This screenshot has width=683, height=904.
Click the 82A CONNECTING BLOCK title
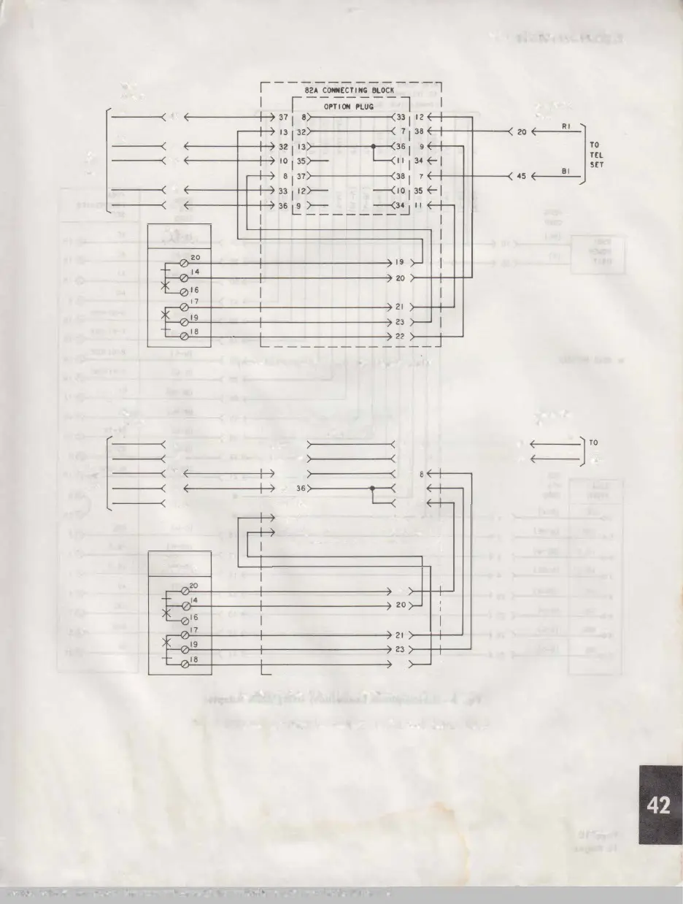(x=350, y=91)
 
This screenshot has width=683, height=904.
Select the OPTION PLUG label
(x=350, y=107)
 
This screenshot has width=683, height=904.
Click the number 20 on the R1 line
(x=521, y=132)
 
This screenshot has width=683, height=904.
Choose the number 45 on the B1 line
(x=521, y=176)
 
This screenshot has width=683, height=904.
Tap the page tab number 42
(x=659, y=805)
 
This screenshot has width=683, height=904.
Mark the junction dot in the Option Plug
(x=373, y=146)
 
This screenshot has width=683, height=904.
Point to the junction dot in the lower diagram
(x=371, y=488)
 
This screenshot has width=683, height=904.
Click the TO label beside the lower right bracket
(x=593, y=443)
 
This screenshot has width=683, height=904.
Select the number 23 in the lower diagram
(x=399, y=649)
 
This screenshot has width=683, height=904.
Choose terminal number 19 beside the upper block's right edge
(x=399, y=262)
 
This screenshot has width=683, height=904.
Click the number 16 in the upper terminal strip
(x=195, y=291)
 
